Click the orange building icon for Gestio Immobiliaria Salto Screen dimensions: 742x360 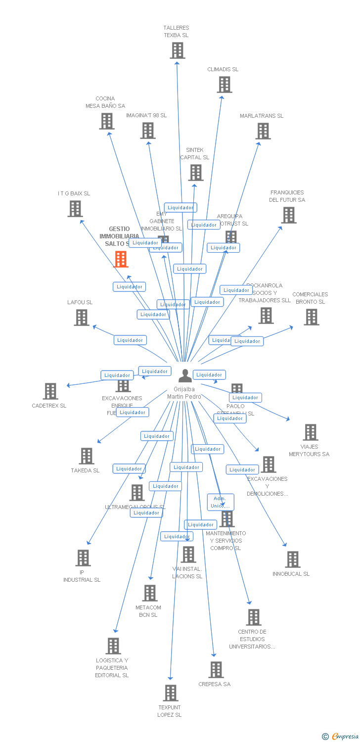click(121, 259)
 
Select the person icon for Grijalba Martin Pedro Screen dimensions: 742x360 click(185, 376)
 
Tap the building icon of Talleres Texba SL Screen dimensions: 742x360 click(177, 50)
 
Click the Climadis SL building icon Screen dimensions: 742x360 click(224, 85)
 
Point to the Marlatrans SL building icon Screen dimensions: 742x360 click(263, 131)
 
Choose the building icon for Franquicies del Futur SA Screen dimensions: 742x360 click(288, 215)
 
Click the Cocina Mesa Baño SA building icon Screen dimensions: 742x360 click(106, 121)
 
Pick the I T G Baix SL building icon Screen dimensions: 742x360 click(75, 209)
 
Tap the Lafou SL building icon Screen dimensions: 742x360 click(81, 318)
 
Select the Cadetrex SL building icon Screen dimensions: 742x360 click(50, 391)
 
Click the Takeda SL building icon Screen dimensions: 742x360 click(86, 456)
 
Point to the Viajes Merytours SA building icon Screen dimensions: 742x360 click(310, 432)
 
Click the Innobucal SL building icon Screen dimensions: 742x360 click(292, 559)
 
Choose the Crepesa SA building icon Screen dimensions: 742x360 click(216, 670)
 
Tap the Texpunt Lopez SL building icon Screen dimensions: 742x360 click(170, 693)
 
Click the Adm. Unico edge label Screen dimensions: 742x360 click(220, 502)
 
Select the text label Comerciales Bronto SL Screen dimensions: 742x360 click(310, 298)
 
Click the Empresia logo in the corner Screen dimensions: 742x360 click(341, 737)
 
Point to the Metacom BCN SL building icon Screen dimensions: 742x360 click(149, 593)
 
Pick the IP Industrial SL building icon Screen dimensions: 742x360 click(83, 558)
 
